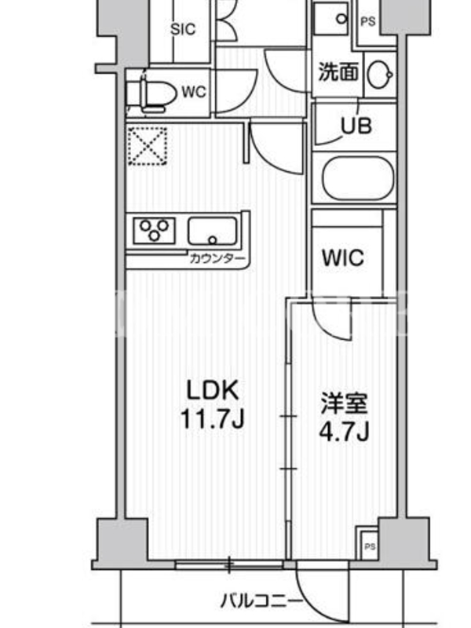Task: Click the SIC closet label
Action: [x=183, y=29]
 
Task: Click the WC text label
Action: [x=194, y=92]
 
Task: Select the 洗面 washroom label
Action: [x=338, y=72]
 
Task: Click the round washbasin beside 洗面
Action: [x=380, y=74]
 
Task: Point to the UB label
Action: [x=356, y=126]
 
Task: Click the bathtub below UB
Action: [x=358, y=178]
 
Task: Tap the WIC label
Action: [x=343, y=257]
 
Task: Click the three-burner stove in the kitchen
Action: [x=154, y=230]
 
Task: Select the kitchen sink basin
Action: [x=212, y=231]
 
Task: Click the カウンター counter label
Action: [x=217, y=258]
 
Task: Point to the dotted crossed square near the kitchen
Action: [x=148, y=145]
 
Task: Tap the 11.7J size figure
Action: [x=212, y=419]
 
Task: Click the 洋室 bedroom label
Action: [x=344, y=403]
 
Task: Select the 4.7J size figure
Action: [x=344, y=432]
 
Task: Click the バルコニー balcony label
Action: [x=262, y=601]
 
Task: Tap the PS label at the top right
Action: [x=368, y=21]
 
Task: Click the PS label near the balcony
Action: [x=370, y=546]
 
